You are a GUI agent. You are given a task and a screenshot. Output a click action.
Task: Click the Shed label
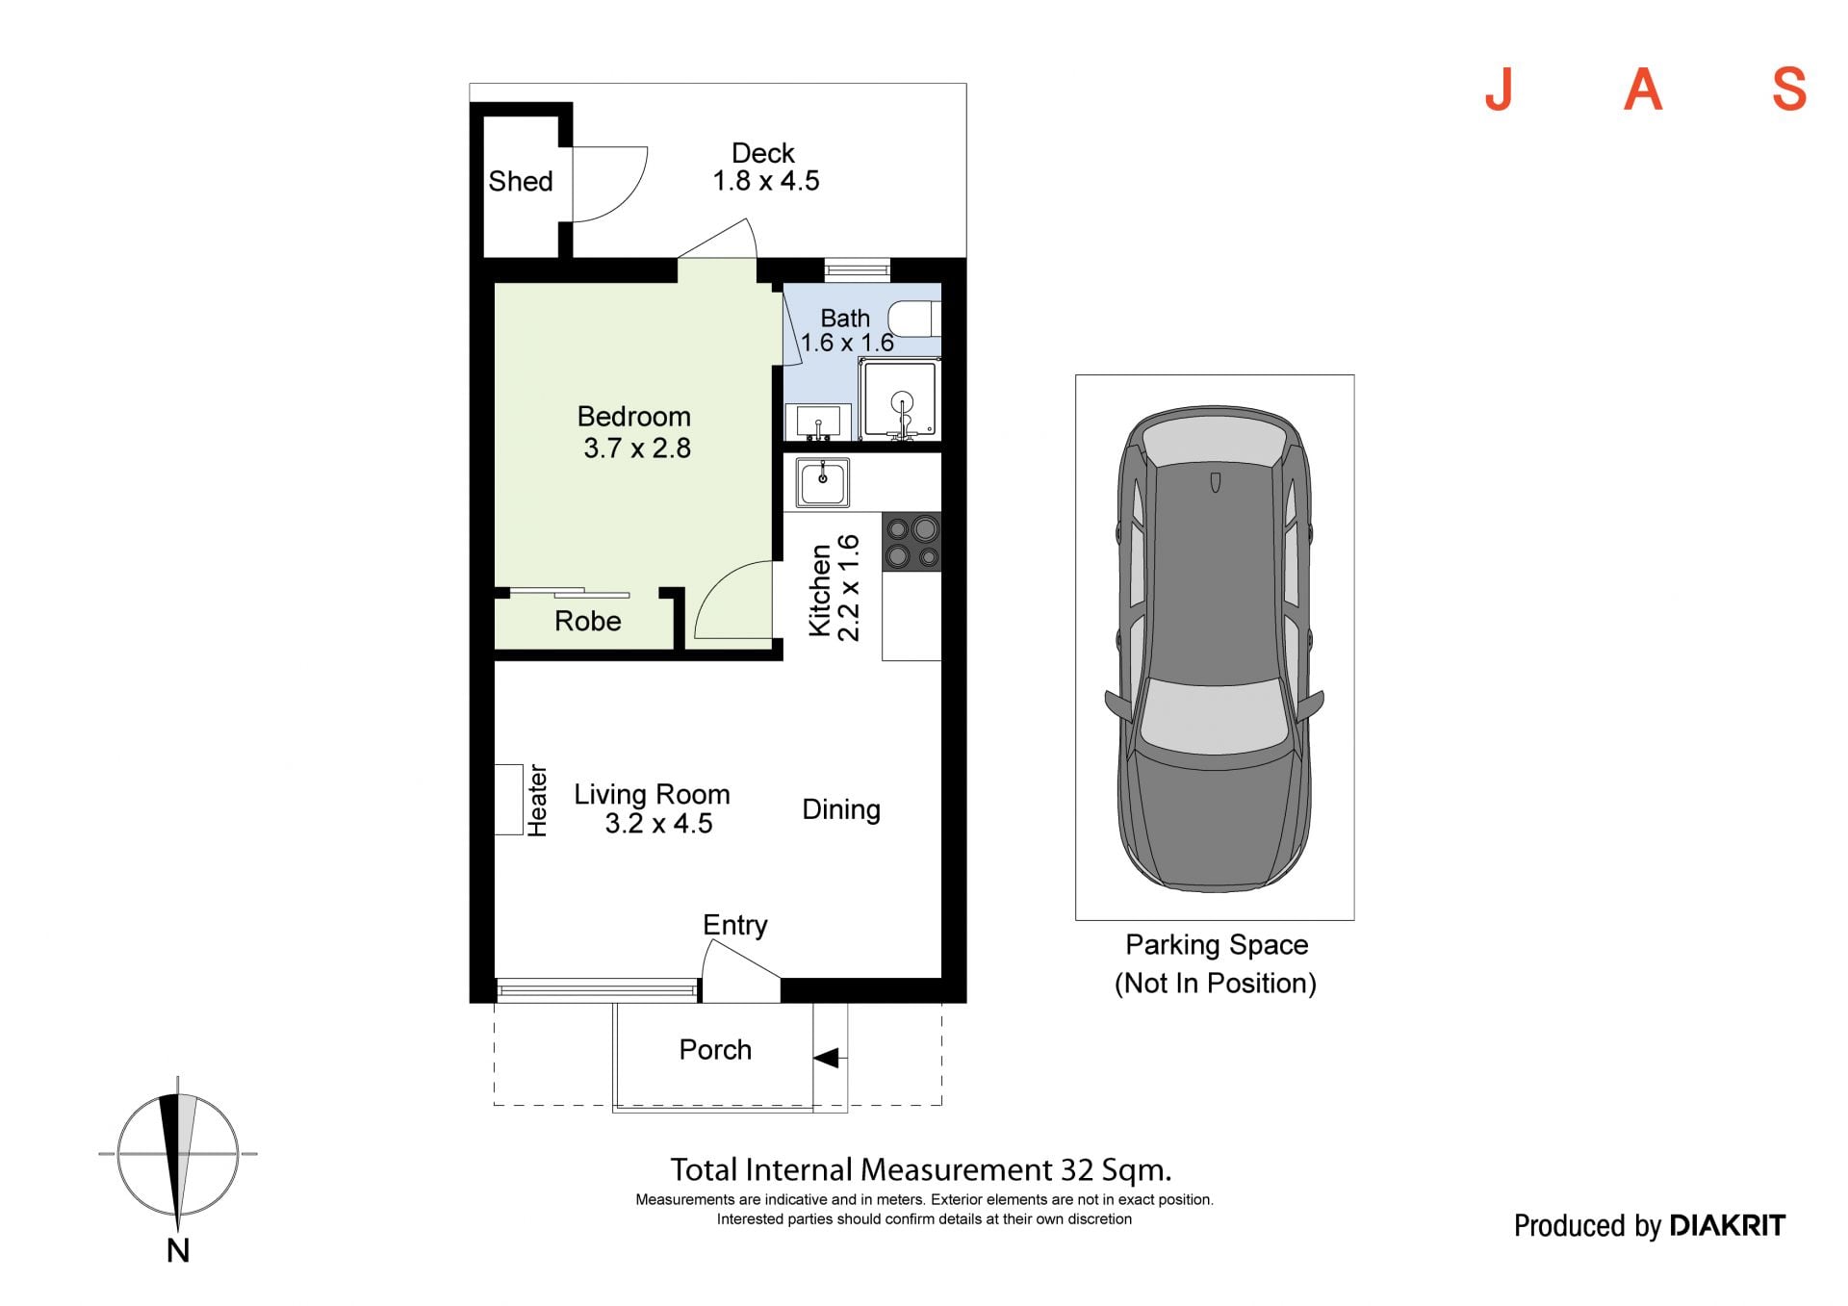[520, 181]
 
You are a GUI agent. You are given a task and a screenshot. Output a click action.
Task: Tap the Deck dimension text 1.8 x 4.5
[765, 181]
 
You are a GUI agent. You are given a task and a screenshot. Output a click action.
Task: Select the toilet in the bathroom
[913, 318]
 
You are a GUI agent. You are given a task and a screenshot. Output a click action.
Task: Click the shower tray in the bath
[900, 398]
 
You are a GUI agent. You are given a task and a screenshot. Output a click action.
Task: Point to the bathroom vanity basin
[818, 422]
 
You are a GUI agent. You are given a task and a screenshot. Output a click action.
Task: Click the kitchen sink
[822, 481]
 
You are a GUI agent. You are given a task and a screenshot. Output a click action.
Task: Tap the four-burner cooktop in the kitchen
[911, 543]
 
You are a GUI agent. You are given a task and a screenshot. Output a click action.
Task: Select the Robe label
[587, 621]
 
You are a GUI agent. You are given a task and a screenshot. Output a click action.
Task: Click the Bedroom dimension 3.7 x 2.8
[636, 448]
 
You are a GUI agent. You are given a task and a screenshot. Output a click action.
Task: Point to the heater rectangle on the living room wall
[508, 799]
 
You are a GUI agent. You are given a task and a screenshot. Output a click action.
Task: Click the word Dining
[841, 809]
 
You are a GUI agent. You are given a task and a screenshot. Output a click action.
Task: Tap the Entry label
[735, 925]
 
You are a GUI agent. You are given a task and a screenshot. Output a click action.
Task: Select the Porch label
[715, 1049]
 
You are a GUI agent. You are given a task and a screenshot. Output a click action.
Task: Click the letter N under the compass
[178, 1250]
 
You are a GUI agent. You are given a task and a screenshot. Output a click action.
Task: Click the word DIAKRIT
[1727, 1225]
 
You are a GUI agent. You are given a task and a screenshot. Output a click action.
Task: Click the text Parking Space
[1217, 944]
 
